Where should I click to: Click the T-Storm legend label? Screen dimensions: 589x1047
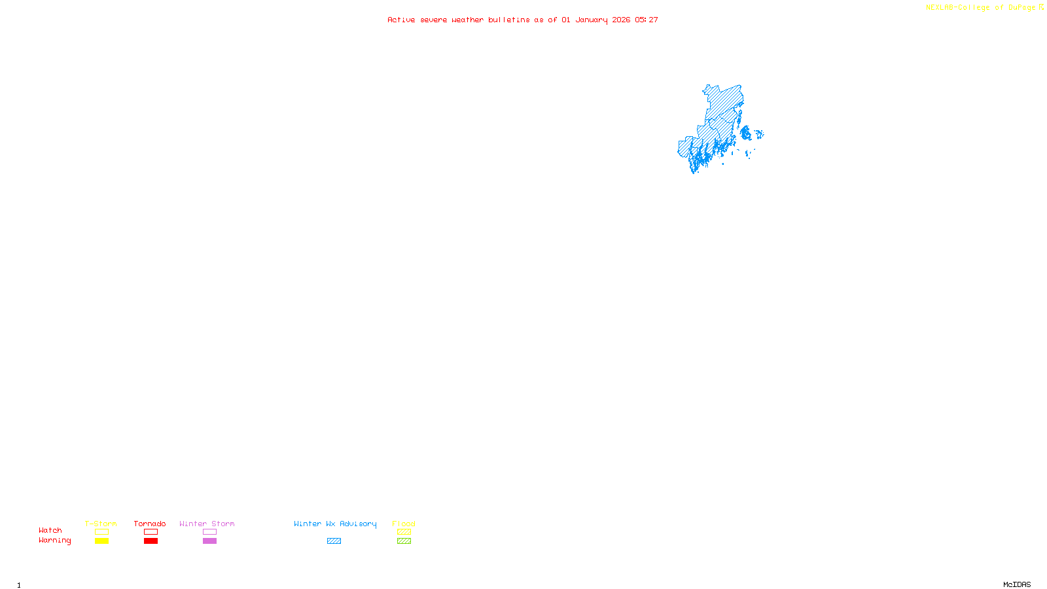[x=101, y=524]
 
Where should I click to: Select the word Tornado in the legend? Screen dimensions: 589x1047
[x=150, y=524]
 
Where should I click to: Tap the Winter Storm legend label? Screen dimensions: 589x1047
[x=207, y=524]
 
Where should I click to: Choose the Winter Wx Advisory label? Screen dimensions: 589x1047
[x=335, y=524]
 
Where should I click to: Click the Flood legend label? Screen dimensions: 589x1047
[x=404, y=524]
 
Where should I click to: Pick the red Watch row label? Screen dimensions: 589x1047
[x=50, y=530]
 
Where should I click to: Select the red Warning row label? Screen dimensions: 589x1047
[x=55, y=541]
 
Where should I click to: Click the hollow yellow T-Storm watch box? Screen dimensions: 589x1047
[x=101, y=532]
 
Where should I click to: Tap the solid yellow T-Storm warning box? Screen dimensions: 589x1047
[x=101, y=541]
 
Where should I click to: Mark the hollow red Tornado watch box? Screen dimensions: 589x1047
[x=151, y=532]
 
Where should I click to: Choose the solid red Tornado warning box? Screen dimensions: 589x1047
[x=151, y=541]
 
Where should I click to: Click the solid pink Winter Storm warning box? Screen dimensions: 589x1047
[x=209, y=541]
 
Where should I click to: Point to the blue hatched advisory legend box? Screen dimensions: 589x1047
[x=334, y=541]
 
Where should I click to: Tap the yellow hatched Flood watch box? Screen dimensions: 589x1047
[x=404, y=532]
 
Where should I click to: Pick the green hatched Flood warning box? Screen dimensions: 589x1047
[x=404, y=541]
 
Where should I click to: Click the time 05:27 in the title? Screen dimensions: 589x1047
[x=647, y=20]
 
